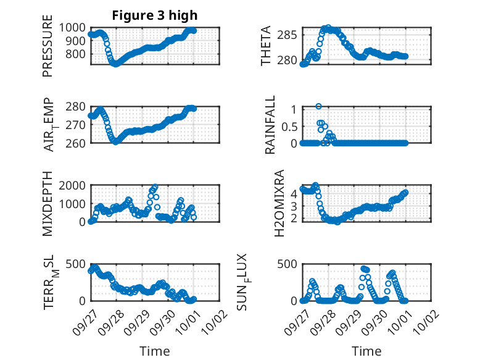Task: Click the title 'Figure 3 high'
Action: (x=154, y=15)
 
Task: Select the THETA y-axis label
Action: (x=266, y=47)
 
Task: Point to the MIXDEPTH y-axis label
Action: (x=48, y=203)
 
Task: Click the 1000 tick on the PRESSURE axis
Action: (x=74, y=28)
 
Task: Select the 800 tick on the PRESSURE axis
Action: (x=77, y=54)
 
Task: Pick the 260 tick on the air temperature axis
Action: (x=77, y=143)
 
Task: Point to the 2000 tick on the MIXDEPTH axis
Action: (x=74, y=185)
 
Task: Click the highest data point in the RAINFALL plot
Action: (x=318, y=106)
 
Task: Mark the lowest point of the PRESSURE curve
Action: (x=115, y=64)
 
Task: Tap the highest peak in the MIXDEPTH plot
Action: (x=155, y=186)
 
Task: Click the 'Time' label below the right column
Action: (x=366, y=351)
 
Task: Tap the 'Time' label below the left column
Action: (x=154, y=351)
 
